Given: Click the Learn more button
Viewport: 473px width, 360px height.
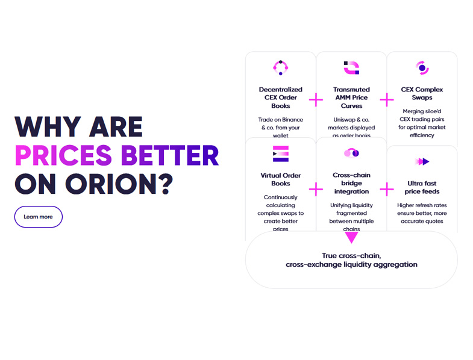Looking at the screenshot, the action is [x=39, y=217].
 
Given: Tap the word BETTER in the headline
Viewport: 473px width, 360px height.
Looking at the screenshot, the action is [x=170, y=155].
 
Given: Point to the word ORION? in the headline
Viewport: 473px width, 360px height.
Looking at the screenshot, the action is [x=119, y=184].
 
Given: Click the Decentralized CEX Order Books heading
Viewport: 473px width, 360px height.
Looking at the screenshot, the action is [x=281, y=98].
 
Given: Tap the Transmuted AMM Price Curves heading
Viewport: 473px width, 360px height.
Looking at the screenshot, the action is [x=351, y=98].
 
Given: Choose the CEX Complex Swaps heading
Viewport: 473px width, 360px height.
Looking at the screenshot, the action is [x=422, y=93].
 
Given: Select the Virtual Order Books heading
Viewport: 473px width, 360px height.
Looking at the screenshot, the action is [x=281, y=179].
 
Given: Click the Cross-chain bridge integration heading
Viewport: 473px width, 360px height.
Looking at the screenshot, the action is [x=351, y=184].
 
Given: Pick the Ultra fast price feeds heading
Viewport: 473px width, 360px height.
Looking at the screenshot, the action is [x=422, y=188].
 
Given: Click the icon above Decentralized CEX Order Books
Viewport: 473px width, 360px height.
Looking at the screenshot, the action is [x=281, y=67].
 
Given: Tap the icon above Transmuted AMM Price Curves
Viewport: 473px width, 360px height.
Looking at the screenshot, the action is [x=351, y=68].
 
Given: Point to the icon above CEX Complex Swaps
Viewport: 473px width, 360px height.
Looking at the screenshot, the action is [x=422, y=68].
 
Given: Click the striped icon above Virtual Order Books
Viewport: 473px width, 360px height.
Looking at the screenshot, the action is [x=281, y=154].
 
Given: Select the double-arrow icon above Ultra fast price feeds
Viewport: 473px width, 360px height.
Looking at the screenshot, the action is [x=422, y=161].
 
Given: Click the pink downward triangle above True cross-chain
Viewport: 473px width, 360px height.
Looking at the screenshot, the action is [x=351, y=237].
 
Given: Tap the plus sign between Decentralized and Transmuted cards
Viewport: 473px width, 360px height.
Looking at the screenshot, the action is [x=316, y=100].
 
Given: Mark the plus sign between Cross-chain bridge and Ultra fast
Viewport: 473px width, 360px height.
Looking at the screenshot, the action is [x=387, y=190].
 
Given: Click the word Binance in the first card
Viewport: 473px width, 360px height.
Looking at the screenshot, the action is [x=292, y=120].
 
